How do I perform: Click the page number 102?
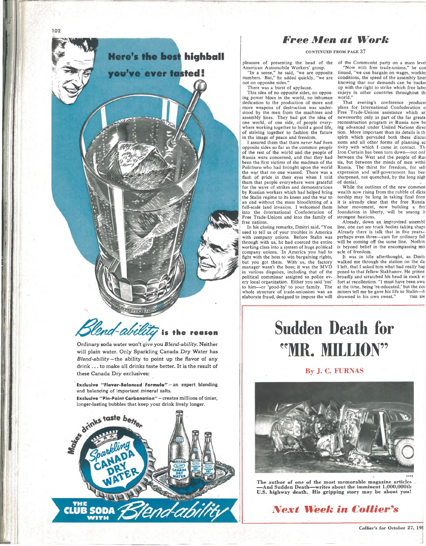click(56, 31)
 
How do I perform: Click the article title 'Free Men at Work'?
click(336, 40)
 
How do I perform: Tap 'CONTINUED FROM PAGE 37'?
click(335, 52)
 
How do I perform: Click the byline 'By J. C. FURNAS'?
click(334, 371)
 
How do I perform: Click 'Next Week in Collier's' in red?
click(335, 509)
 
